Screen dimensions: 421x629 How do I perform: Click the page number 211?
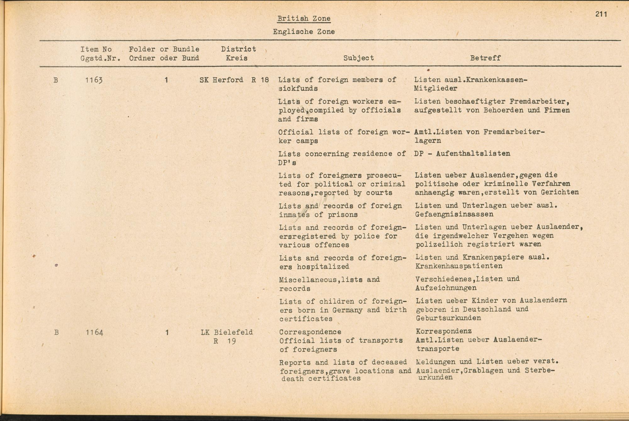coord(601,14)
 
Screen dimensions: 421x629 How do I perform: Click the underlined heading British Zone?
coord(304,19)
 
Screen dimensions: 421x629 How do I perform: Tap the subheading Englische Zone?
coord(303,32)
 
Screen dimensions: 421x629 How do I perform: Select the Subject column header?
coord(359,58)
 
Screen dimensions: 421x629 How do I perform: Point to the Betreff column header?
coord(485,58)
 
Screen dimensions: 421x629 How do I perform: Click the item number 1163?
coord(94,80)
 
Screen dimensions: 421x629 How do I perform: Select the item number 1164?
coord(94,333)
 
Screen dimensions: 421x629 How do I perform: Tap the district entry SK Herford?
coord(221,80)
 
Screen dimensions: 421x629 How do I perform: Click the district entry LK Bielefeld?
coord(227,332)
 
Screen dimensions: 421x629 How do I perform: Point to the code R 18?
coord(260,80)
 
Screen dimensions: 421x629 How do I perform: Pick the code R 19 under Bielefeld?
coord(225,341)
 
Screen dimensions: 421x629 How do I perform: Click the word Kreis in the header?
coord(237,58)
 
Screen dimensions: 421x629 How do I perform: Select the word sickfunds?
coord(298,89)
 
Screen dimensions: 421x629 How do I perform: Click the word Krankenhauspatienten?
coord(459,266)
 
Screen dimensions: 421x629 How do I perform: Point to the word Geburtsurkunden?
coord(448,318)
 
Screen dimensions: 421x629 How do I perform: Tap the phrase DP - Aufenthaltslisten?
coord(462,154)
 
